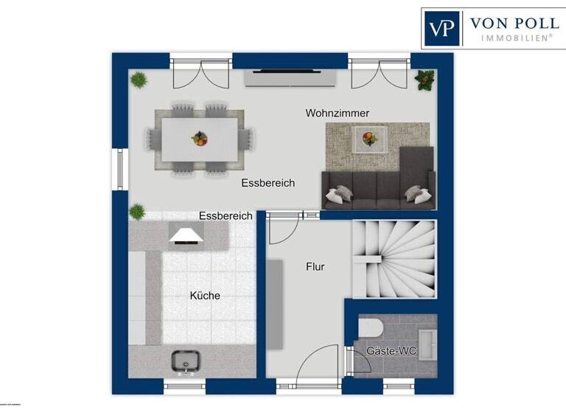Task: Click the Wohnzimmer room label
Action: click(338, 113)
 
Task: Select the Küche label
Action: click(205, 296)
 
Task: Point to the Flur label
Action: click(315, 267)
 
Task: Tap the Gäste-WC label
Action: click(391, 351)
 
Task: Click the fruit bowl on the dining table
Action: click(199, 138)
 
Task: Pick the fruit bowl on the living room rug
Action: click(368, 136)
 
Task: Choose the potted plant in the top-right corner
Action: click(424, 80)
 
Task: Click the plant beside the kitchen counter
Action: click(137, 212)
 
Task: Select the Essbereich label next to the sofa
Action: click(268, 183)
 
